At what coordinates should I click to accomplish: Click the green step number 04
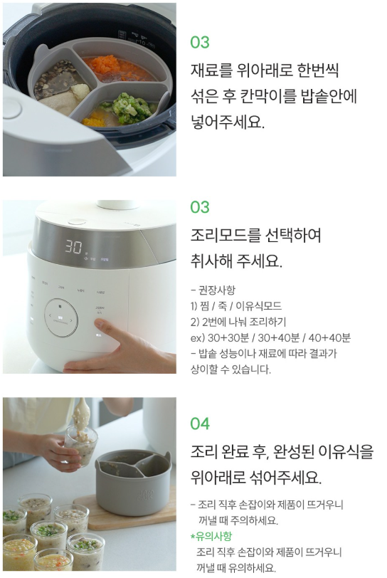coord(200,424)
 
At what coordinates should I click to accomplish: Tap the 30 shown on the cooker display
coord(74,246)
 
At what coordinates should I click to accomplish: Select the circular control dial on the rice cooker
coord(62,317)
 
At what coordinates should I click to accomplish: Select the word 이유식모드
coord(258,306)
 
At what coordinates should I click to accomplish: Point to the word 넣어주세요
coord(228,122)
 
